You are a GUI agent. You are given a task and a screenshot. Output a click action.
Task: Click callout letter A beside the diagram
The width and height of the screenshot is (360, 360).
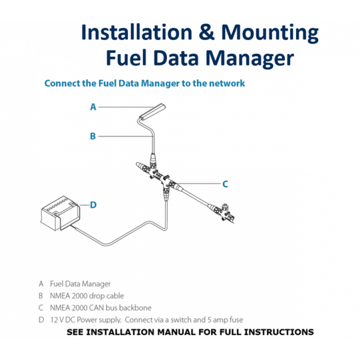coord(93,107)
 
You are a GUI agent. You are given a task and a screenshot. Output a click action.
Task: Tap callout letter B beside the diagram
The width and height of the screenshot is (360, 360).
coord(93,136)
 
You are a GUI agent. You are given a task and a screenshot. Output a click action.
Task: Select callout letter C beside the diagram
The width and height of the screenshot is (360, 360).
coord(225,184)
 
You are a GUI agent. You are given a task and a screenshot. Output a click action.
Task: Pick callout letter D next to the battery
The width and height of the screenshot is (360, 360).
coord(93,205)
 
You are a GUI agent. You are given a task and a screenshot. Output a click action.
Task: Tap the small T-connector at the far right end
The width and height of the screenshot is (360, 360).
coord(226,211)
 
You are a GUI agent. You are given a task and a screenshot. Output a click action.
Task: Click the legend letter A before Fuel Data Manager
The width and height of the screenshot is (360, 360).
coord(41,284)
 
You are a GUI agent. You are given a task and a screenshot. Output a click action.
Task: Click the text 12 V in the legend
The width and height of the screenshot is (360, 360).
coord(56,320)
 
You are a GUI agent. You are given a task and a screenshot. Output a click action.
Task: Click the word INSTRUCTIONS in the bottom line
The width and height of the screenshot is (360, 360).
coord(280,333)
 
